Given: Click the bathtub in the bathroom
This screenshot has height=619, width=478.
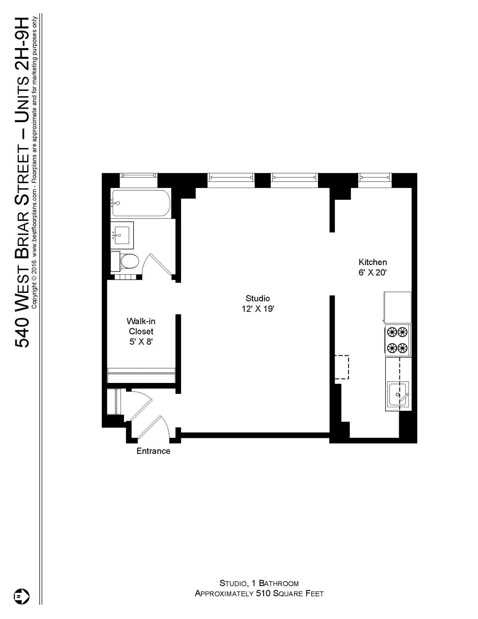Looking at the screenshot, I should pyautogui.click(x=140, y=203).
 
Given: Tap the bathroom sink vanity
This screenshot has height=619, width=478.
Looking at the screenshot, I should pyautogui.click(x=122, y=235).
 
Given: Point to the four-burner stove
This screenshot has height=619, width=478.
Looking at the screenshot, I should pyautogui.click(x=397, y=340).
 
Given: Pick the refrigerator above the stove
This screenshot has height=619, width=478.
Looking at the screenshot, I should pyautogui.click(x=397, y=307).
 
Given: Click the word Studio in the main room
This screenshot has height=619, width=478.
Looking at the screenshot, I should pyautogui.click(x=257, y=299).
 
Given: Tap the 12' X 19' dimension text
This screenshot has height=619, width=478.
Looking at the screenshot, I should pyautogui.click(x=257, y=309).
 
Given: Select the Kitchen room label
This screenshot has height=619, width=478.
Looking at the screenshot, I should pyautogui.click(x=373, y=262).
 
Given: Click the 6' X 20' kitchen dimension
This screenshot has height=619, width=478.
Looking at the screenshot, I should pyautogui.click(x=373, y=273).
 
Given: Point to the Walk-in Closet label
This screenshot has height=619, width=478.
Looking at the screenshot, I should pyautogui.click(x=141, y=326).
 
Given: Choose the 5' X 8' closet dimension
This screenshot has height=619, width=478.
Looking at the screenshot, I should pyautogui.click(x=141, y=342).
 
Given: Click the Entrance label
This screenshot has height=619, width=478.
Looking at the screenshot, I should pyautogui.click(x=153, y=451).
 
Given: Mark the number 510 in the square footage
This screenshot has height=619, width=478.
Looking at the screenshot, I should pyautogui.click(x=263, y=594).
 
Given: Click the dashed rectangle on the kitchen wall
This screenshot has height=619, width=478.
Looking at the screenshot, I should pyautogui.click(x=342, y=367).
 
